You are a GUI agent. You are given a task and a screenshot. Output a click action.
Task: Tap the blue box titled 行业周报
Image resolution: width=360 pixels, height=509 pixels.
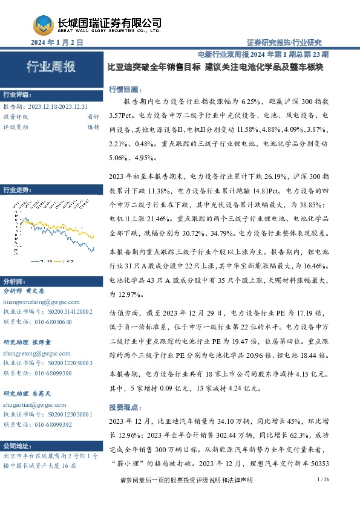[51, 67]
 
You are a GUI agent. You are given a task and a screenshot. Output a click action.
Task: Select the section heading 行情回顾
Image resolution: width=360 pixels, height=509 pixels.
[123, 89]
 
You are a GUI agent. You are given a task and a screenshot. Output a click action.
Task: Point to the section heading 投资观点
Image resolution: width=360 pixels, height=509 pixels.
[123, 407]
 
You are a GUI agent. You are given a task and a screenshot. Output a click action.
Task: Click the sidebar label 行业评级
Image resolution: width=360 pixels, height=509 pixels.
[17, 96]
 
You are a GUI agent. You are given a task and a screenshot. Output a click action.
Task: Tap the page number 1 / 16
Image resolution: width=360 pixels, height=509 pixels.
[322, 496]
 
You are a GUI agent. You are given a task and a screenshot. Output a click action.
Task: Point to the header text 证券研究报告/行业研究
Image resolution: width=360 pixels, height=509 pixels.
[284, 43]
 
